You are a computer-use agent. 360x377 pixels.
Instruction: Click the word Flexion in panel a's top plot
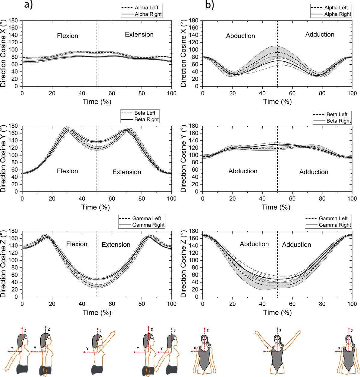(67, 36)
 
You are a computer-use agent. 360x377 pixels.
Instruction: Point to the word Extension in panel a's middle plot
(127, 172)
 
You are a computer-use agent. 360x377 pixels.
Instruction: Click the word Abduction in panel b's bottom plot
(254, 244)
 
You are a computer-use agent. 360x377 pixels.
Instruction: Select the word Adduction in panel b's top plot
(320, 35)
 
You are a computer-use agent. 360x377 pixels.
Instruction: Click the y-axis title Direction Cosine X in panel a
(4, 54)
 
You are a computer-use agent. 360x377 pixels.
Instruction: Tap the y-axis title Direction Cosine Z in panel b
(184, 264)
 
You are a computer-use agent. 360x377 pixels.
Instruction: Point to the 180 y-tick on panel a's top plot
(14, 21)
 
